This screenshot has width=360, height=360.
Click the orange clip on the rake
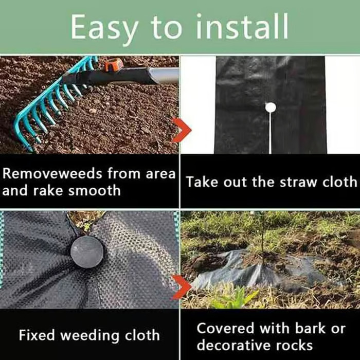point(114,65)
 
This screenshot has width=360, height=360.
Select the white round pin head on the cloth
point(270,107)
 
